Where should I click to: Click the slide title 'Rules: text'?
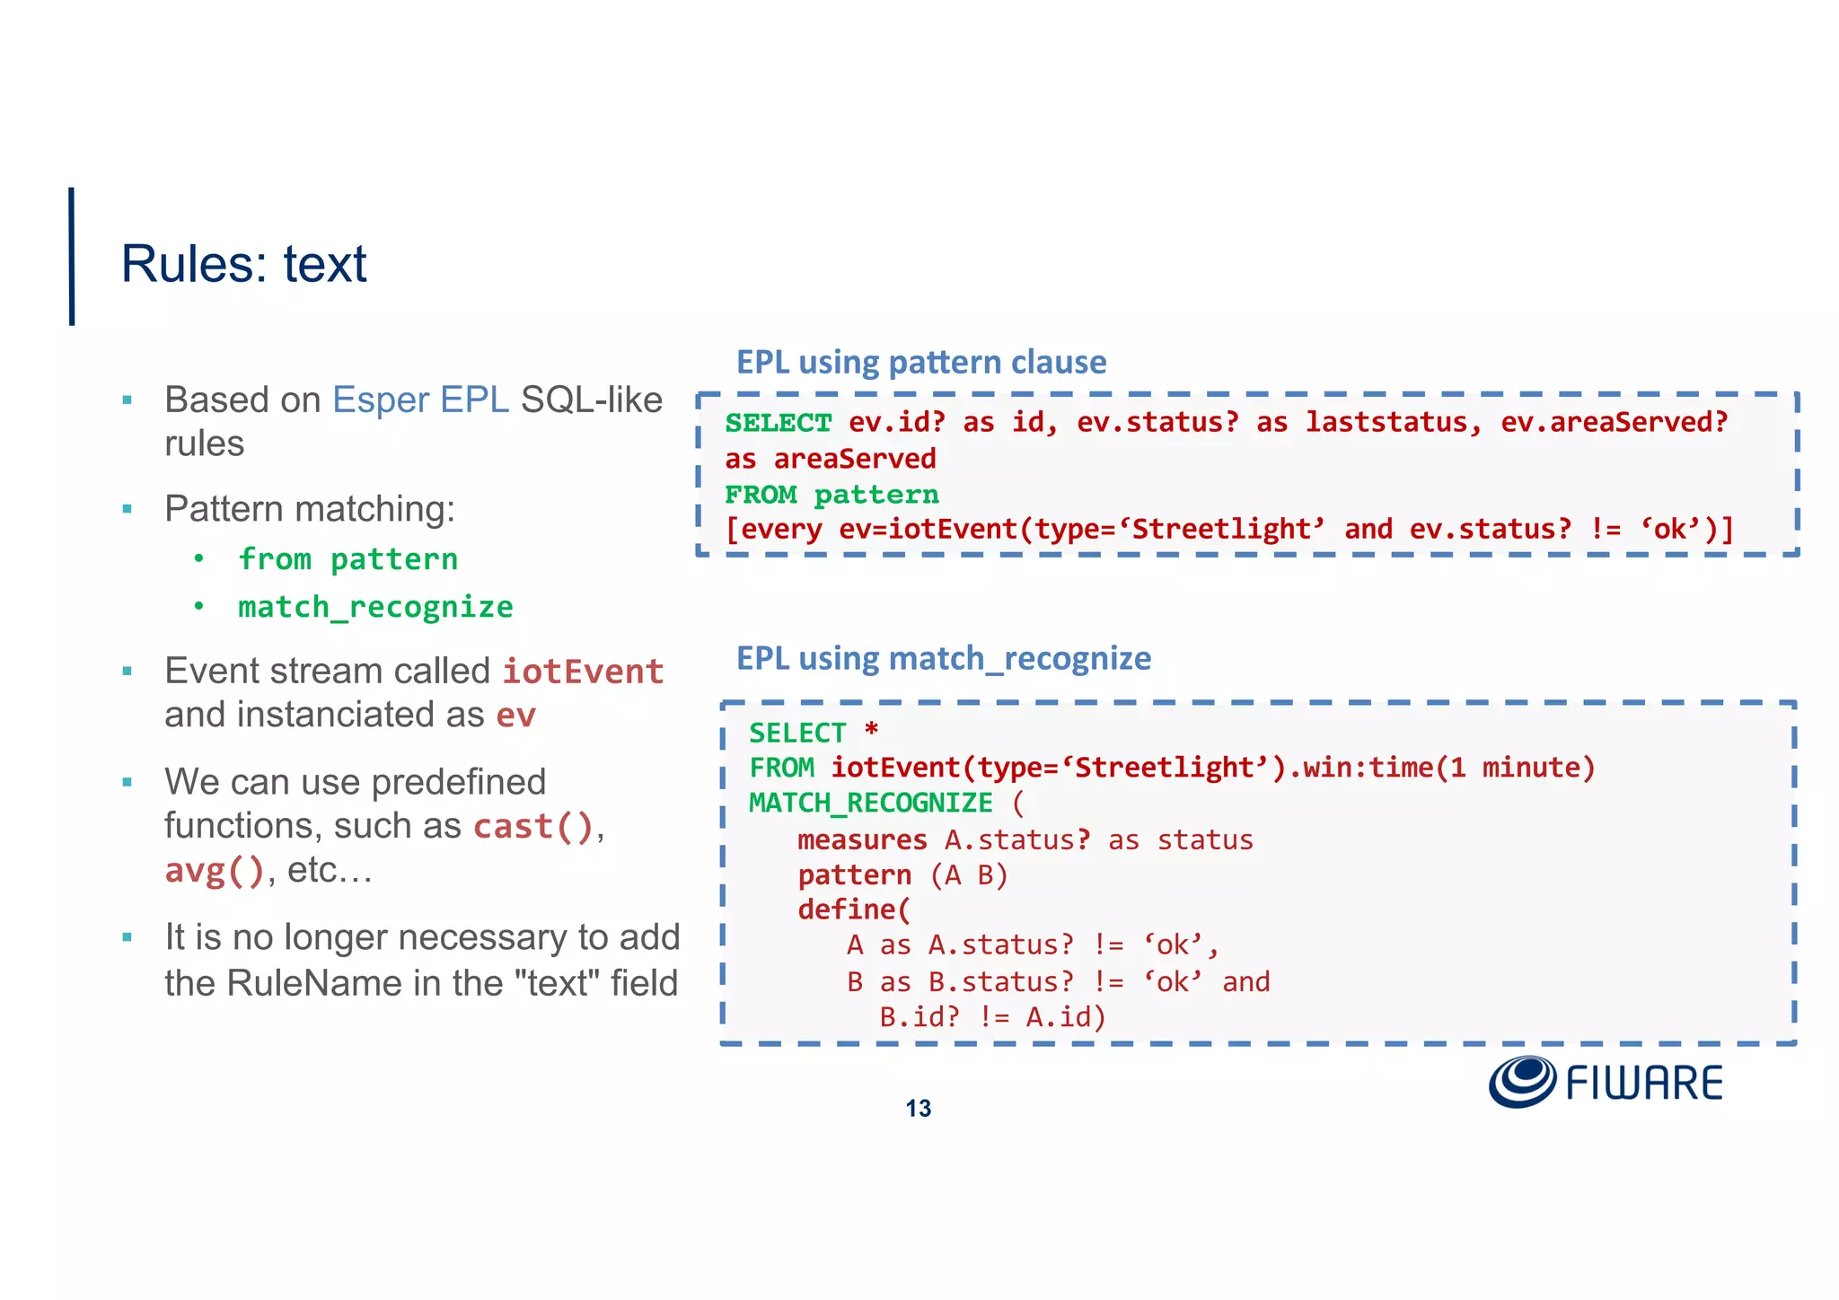point(243,264)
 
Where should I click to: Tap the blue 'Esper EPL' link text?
point(420,400)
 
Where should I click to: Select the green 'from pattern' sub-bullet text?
point(348,559)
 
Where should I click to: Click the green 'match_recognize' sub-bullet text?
point(375,607)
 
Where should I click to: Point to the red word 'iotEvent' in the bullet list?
point(583,672)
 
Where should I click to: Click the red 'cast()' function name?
point(533,826)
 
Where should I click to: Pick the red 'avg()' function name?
point(215,870)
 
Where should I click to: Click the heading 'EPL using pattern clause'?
point(921,362)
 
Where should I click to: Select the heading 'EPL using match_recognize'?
point(943,658)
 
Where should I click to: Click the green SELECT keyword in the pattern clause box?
point(779,423)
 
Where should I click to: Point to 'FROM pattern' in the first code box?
point(832,495)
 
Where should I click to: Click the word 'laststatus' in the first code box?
point(1386,422)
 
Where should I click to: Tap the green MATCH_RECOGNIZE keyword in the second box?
point(871,803)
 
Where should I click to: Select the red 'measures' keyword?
point(862,839)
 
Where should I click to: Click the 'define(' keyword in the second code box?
point(854,909)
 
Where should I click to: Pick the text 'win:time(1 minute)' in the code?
point(1448,768)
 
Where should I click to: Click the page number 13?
point(918,1109)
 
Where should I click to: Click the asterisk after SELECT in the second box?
point(871,730)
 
